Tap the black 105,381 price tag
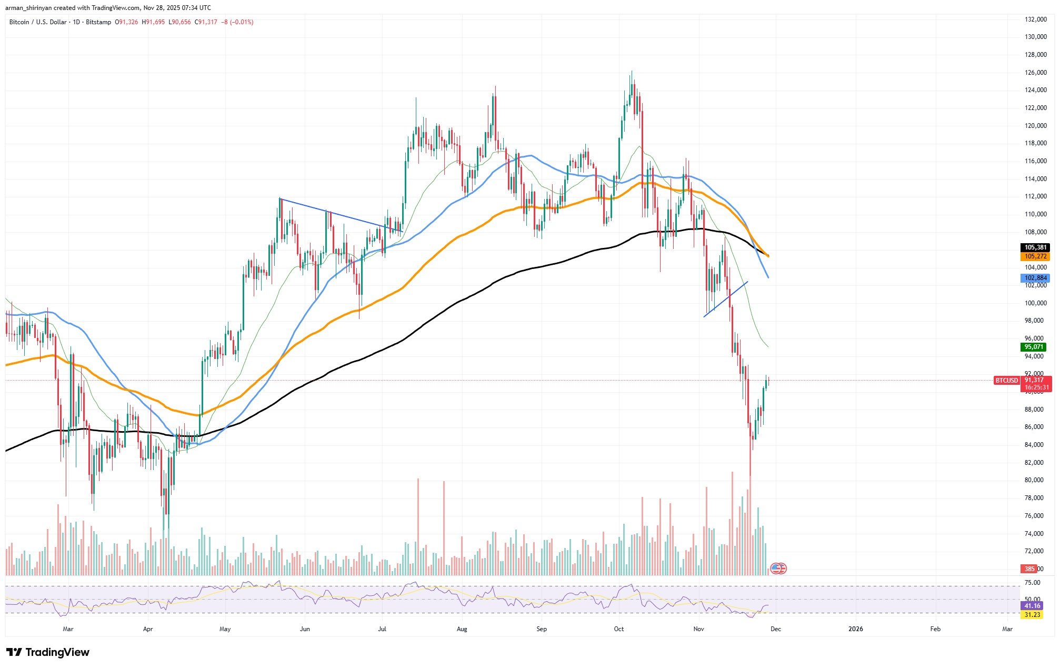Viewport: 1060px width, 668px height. (x=1035, y=247)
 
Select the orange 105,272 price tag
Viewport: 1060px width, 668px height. (x=1035, y=256)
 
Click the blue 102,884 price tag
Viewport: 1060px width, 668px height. (x=1035, y=278)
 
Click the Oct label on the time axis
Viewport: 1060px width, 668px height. (x=619, y=629)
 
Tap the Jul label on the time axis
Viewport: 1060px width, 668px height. (x=383, y=629)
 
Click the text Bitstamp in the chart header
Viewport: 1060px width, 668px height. (x=98, y=22)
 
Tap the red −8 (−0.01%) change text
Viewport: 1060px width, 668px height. (x=238, y=22)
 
